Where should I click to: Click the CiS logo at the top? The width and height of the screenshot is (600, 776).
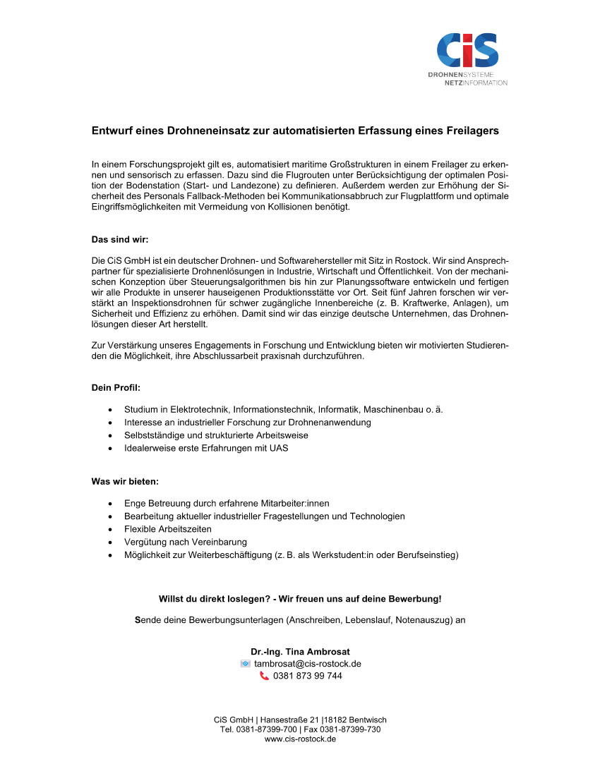click(x=467, y=50)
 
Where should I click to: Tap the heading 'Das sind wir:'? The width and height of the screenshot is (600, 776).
click(x=120, y=239)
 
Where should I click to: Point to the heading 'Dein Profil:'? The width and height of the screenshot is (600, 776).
click(x=116, y=387)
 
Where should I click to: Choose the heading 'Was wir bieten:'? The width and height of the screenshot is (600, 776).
click(x=125, y=481)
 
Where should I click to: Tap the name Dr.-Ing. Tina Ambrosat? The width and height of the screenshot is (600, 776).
click(x=300, y=651)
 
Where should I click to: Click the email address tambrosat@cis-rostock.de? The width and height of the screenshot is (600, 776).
click(x=308, y=664)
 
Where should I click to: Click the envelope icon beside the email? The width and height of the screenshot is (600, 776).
click(x=245, y=664)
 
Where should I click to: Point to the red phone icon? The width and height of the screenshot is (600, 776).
click(x=264, y=676)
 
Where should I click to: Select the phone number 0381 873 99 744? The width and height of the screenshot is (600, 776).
click(x=308, y=676)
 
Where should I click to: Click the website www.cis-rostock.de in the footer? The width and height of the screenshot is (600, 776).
click(x=300, y=739)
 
